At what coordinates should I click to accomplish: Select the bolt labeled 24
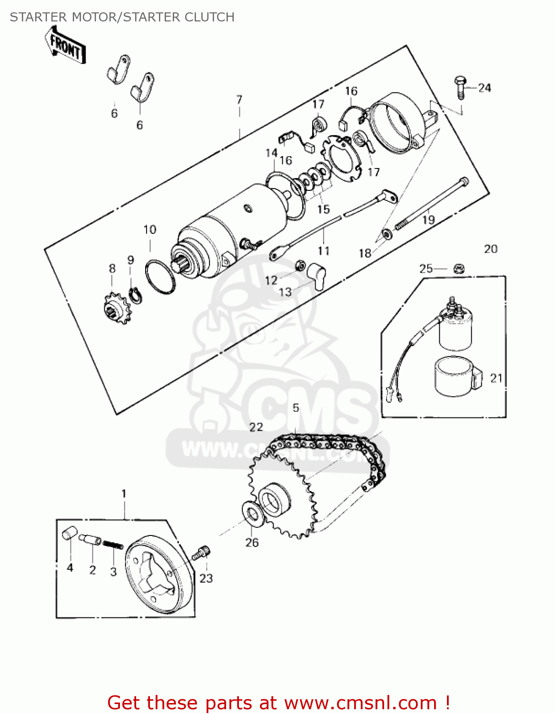tap(460, 87)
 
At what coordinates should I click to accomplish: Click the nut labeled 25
tap(458, 269)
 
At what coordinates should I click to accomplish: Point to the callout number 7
tap(239, 99)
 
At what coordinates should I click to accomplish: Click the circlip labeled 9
tap(135, 294)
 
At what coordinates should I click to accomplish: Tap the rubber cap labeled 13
tap(317, 276)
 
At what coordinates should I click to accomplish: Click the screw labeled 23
tap(202, 553)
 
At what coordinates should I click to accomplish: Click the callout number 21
tap(496, 378)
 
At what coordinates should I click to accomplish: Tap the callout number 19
tap(428, 219)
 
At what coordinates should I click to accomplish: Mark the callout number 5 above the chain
tap(296, 407)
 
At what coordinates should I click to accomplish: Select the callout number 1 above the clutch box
tap(124, 493)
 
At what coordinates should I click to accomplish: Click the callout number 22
tap(256, 427)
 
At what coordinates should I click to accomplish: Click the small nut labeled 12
tap(300, 265)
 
